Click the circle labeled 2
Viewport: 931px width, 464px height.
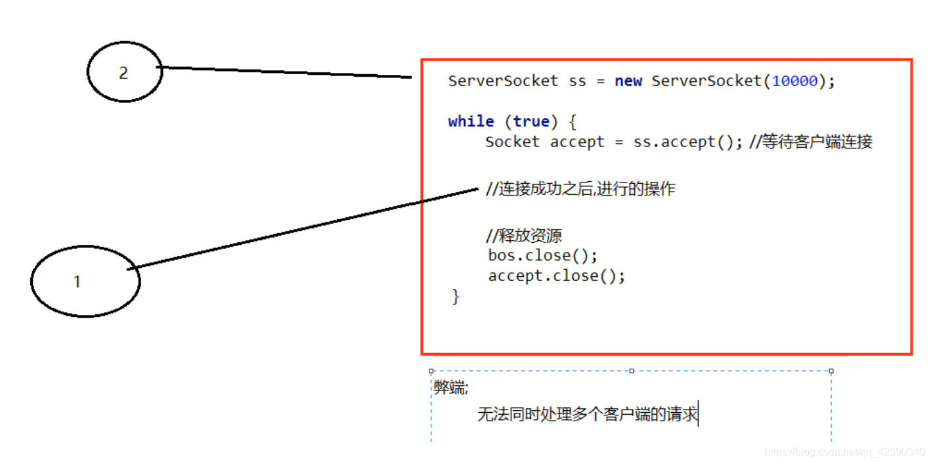124,72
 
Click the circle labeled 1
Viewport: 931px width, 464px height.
85,282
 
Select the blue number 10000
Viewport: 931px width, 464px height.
794,81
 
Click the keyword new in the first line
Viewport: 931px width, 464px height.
628,81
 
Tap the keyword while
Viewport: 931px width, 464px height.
471,121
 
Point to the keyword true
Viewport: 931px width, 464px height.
531,121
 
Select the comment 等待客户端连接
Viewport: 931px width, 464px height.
816,142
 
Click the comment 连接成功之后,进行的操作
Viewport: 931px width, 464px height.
580,190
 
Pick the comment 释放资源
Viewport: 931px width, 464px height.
524,236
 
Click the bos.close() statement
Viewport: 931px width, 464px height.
542,255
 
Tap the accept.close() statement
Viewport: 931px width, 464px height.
556,276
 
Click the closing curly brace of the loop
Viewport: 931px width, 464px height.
456,297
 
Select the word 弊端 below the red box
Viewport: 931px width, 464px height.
450,388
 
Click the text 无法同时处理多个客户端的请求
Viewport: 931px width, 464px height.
587,415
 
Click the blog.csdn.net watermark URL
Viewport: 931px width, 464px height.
845,452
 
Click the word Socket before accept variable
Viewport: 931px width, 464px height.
512,142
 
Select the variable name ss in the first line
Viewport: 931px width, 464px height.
577,81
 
